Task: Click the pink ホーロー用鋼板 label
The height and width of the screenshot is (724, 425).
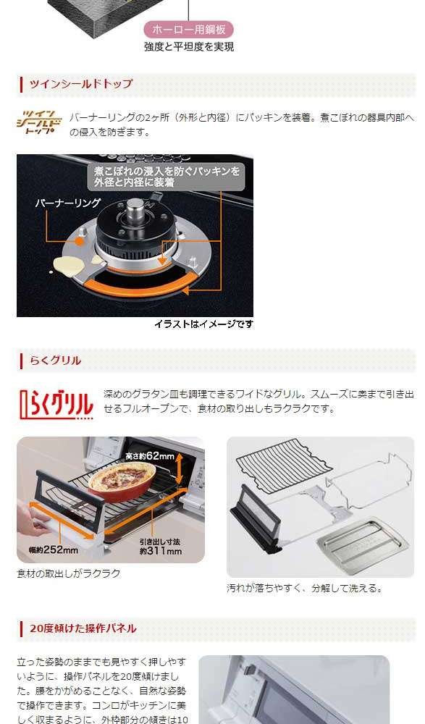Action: click(188, 30)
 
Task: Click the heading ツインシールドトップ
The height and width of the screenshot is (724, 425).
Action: click(80, 84)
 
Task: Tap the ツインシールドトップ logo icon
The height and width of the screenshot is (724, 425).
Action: click(40, 122)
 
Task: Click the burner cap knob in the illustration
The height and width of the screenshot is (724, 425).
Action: click(135, 217)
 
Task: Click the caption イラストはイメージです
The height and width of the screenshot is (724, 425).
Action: click(203, 324)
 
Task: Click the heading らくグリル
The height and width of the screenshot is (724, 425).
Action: click(55, 360)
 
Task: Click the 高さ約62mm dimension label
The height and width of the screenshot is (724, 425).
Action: click(150, 456)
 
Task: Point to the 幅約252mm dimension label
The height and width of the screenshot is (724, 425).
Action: click(46, 550)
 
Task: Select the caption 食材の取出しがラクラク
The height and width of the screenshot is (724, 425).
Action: click(69, 573)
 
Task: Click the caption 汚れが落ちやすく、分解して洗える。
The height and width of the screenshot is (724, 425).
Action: click(304, 589)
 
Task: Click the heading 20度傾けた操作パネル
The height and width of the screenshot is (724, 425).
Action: click(83, 628)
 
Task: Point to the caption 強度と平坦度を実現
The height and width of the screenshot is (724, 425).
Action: click(188, 47)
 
